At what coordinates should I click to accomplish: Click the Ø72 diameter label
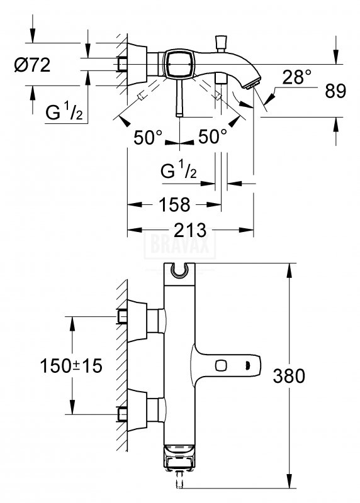(x=33, y=65)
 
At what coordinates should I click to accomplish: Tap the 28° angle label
(x=296, y=77)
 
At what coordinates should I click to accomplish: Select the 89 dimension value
(x=335, y=91)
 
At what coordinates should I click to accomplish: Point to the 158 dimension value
(x=175, y=204)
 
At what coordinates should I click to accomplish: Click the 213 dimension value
(x=190, y=230)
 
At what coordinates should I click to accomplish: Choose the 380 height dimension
(x=289, y=376)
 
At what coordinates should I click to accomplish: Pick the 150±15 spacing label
(x=71, y=366)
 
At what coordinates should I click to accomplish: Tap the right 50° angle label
(x=213, y=136)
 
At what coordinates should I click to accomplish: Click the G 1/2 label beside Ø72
(x=64, y=113)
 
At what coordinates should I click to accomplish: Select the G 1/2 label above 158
(x=179, y=170)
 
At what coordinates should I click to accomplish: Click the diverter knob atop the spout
(x=220, y=43)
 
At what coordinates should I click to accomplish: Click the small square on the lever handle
(x=221, y=365)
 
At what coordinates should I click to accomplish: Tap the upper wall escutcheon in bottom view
(x=137, y=321)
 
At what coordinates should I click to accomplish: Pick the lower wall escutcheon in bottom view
(x=137, y=410)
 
